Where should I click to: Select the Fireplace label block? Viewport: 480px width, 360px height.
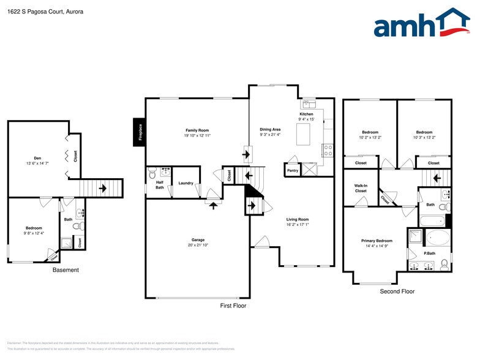pos(140,132)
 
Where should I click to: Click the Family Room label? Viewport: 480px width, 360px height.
pos(197,130)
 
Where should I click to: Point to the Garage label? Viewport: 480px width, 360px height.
pos(197,240)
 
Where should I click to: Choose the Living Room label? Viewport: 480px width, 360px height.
pos(298,219)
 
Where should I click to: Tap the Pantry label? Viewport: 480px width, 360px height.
pos(293,170)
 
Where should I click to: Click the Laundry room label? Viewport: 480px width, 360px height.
pos(186,183)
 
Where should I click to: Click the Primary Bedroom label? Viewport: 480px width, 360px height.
pos(377,241)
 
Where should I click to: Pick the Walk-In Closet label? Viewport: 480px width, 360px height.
pos(361,188)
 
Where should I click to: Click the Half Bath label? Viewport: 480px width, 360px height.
pos(160,185)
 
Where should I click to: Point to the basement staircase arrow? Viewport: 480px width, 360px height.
pos(103,187)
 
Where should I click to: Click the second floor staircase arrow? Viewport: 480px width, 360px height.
pos(435,179)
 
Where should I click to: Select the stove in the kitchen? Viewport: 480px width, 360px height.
pos(328,148)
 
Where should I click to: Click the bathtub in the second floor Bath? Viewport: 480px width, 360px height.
pos(433,220)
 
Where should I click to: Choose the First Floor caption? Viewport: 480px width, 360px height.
pos(233,306)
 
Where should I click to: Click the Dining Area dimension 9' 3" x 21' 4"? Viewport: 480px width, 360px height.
pos(270,134)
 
